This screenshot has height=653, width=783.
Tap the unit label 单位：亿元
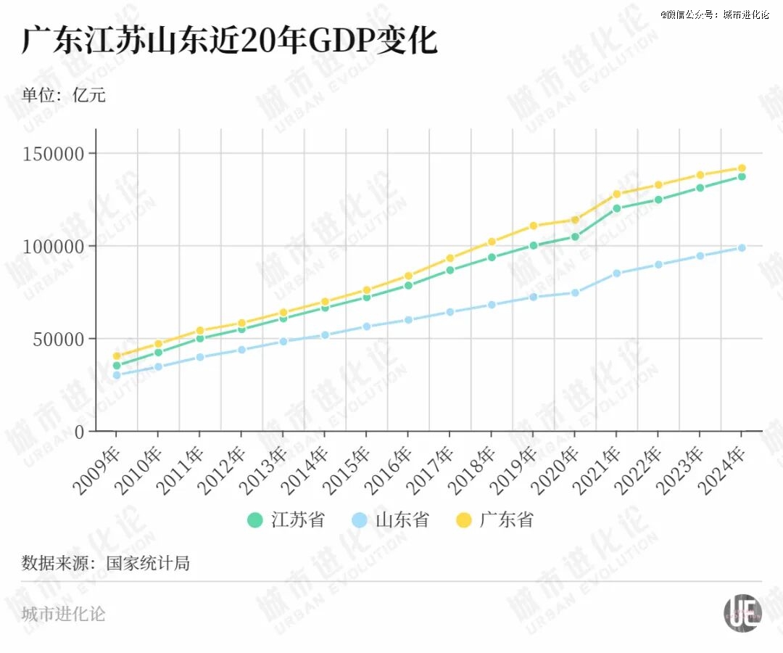pos(64,95)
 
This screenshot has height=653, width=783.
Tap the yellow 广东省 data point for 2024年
pos(742,168)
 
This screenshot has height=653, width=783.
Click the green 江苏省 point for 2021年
pos(616,208)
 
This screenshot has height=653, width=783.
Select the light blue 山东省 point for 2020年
pos(575,293)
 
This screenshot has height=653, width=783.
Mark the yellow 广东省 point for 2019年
pos(533,226)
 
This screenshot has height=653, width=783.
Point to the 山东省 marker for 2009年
pos(116,375)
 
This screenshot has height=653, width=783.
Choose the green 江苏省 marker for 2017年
pos(449,270)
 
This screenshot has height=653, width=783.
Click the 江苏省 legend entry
pos(286,520)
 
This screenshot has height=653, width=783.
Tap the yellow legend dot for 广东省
pos(464,520)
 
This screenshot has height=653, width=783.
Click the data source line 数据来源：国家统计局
pos(106,563)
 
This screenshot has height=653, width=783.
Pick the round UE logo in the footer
pos(742,614)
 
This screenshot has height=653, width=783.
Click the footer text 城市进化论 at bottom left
pos(64,615)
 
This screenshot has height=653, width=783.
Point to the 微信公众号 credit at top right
pos(714,15)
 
